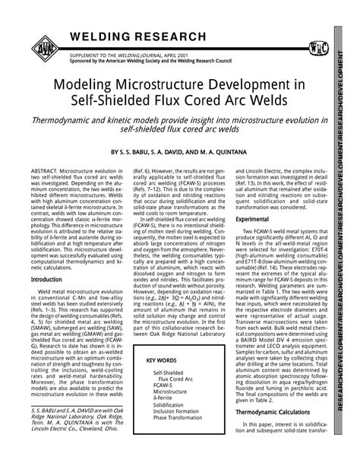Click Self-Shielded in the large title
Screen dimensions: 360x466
pyautogui.click(x=118, y=100)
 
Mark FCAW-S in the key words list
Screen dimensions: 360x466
pyautogui.click(x=163, y=387)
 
